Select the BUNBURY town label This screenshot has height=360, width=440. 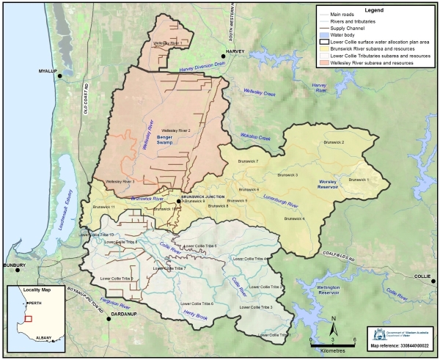click(14, 265)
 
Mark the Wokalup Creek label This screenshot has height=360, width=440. click(255, 137)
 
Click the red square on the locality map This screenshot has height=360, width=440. click(28, 319)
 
